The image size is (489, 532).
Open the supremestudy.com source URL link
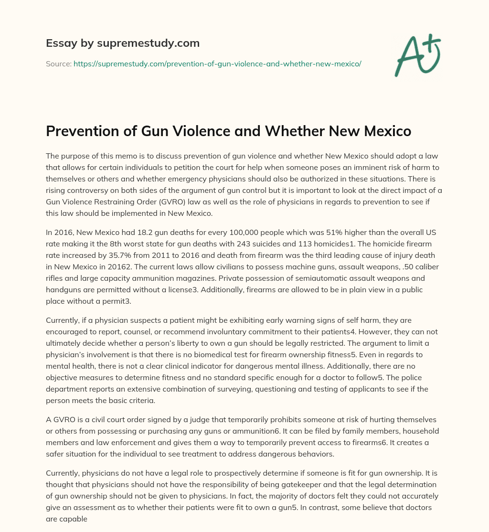pos(217,64)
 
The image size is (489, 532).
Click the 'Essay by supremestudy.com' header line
pos(122,43)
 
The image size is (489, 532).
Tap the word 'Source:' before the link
pos(58,64)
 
